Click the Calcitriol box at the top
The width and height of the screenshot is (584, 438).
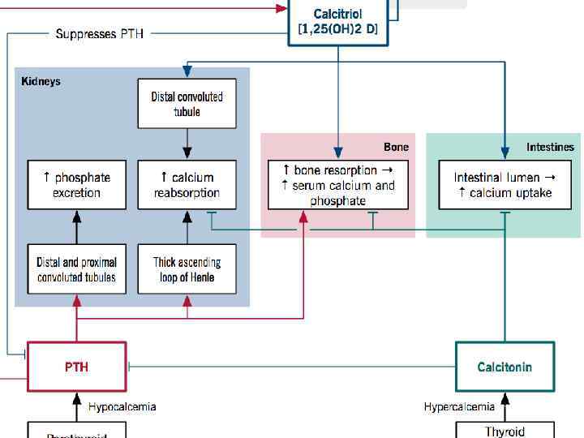(x=337, y=22)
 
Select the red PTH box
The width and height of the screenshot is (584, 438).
(x=77, y=367)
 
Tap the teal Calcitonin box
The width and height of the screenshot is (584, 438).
(x=505, y=367)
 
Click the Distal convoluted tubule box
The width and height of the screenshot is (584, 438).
(x=187, y=104)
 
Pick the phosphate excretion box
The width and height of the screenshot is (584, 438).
(x=77, y=185)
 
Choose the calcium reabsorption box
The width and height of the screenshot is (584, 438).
(x=187, y=185)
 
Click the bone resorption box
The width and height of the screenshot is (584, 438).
(x=338, y=185)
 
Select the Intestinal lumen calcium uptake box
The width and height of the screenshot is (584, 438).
(x=505, y=185)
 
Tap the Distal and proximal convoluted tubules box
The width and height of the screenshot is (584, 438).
(x=77, y=269)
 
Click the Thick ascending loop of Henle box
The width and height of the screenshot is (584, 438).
(x=187, y=269)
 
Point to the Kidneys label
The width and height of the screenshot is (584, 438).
(x=41, y=81)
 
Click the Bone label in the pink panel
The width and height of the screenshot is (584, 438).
(x=396, y=147)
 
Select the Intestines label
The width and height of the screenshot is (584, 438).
(x=549, y=147)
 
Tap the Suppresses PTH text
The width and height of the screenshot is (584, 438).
(x=99, y=34)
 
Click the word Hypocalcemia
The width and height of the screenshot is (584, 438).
(x=122, y=406)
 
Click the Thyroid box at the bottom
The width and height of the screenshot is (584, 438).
(x=505, y=430)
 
